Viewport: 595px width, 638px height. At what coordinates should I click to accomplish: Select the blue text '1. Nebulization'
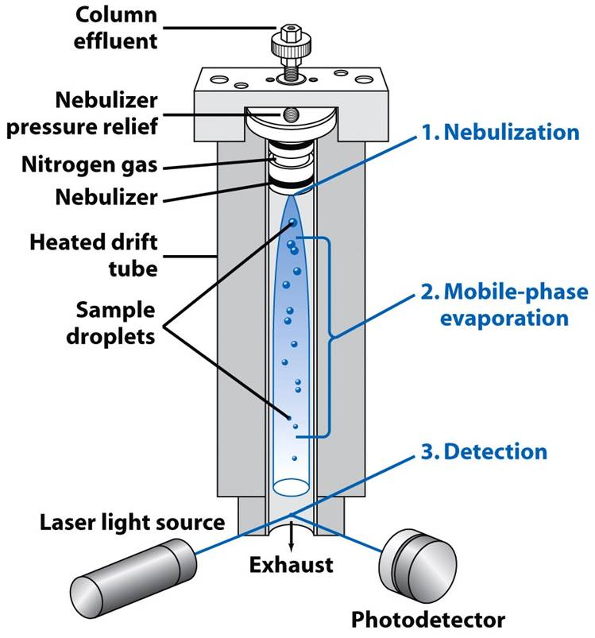click(x=500, y=132)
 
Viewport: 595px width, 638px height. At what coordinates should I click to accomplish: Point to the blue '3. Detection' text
click(x=485, y=452)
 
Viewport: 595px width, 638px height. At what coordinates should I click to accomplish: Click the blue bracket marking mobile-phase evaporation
click(x=326, y=336)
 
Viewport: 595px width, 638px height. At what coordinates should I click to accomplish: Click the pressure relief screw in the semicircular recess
click(x=290, y=117)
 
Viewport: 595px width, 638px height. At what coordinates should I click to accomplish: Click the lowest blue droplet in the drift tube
click(x=295, y=458)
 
